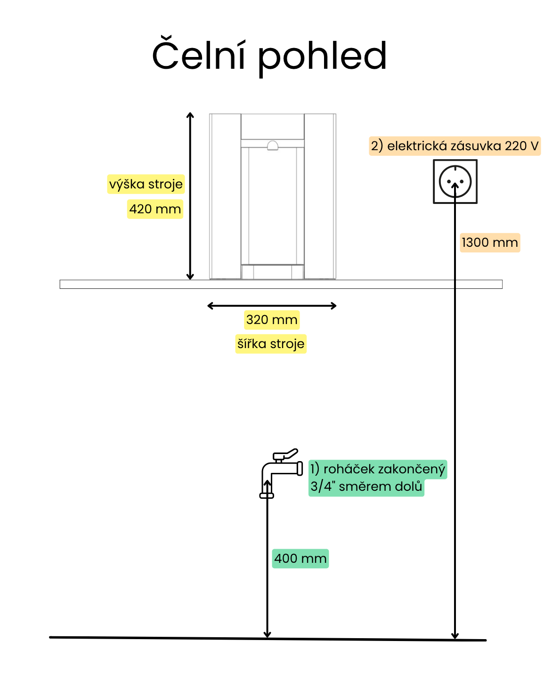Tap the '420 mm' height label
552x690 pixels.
point(155,209)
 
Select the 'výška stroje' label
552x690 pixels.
point(146,184)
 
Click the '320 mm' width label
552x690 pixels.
point(272,320)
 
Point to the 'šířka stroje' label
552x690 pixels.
point(271,344)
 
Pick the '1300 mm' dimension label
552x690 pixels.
point(490,243)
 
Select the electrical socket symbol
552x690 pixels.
point(455,181)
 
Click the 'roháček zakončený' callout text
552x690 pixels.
point(378,469)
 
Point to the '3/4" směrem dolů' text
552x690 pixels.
point(366,487)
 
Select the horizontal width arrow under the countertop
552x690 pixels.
point(272,306)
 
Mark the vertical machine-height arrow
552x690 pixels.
point(190,196)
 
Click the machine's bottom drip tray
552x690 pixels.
point(272,272)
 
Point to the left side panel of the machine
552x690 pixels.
point(225,196)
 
